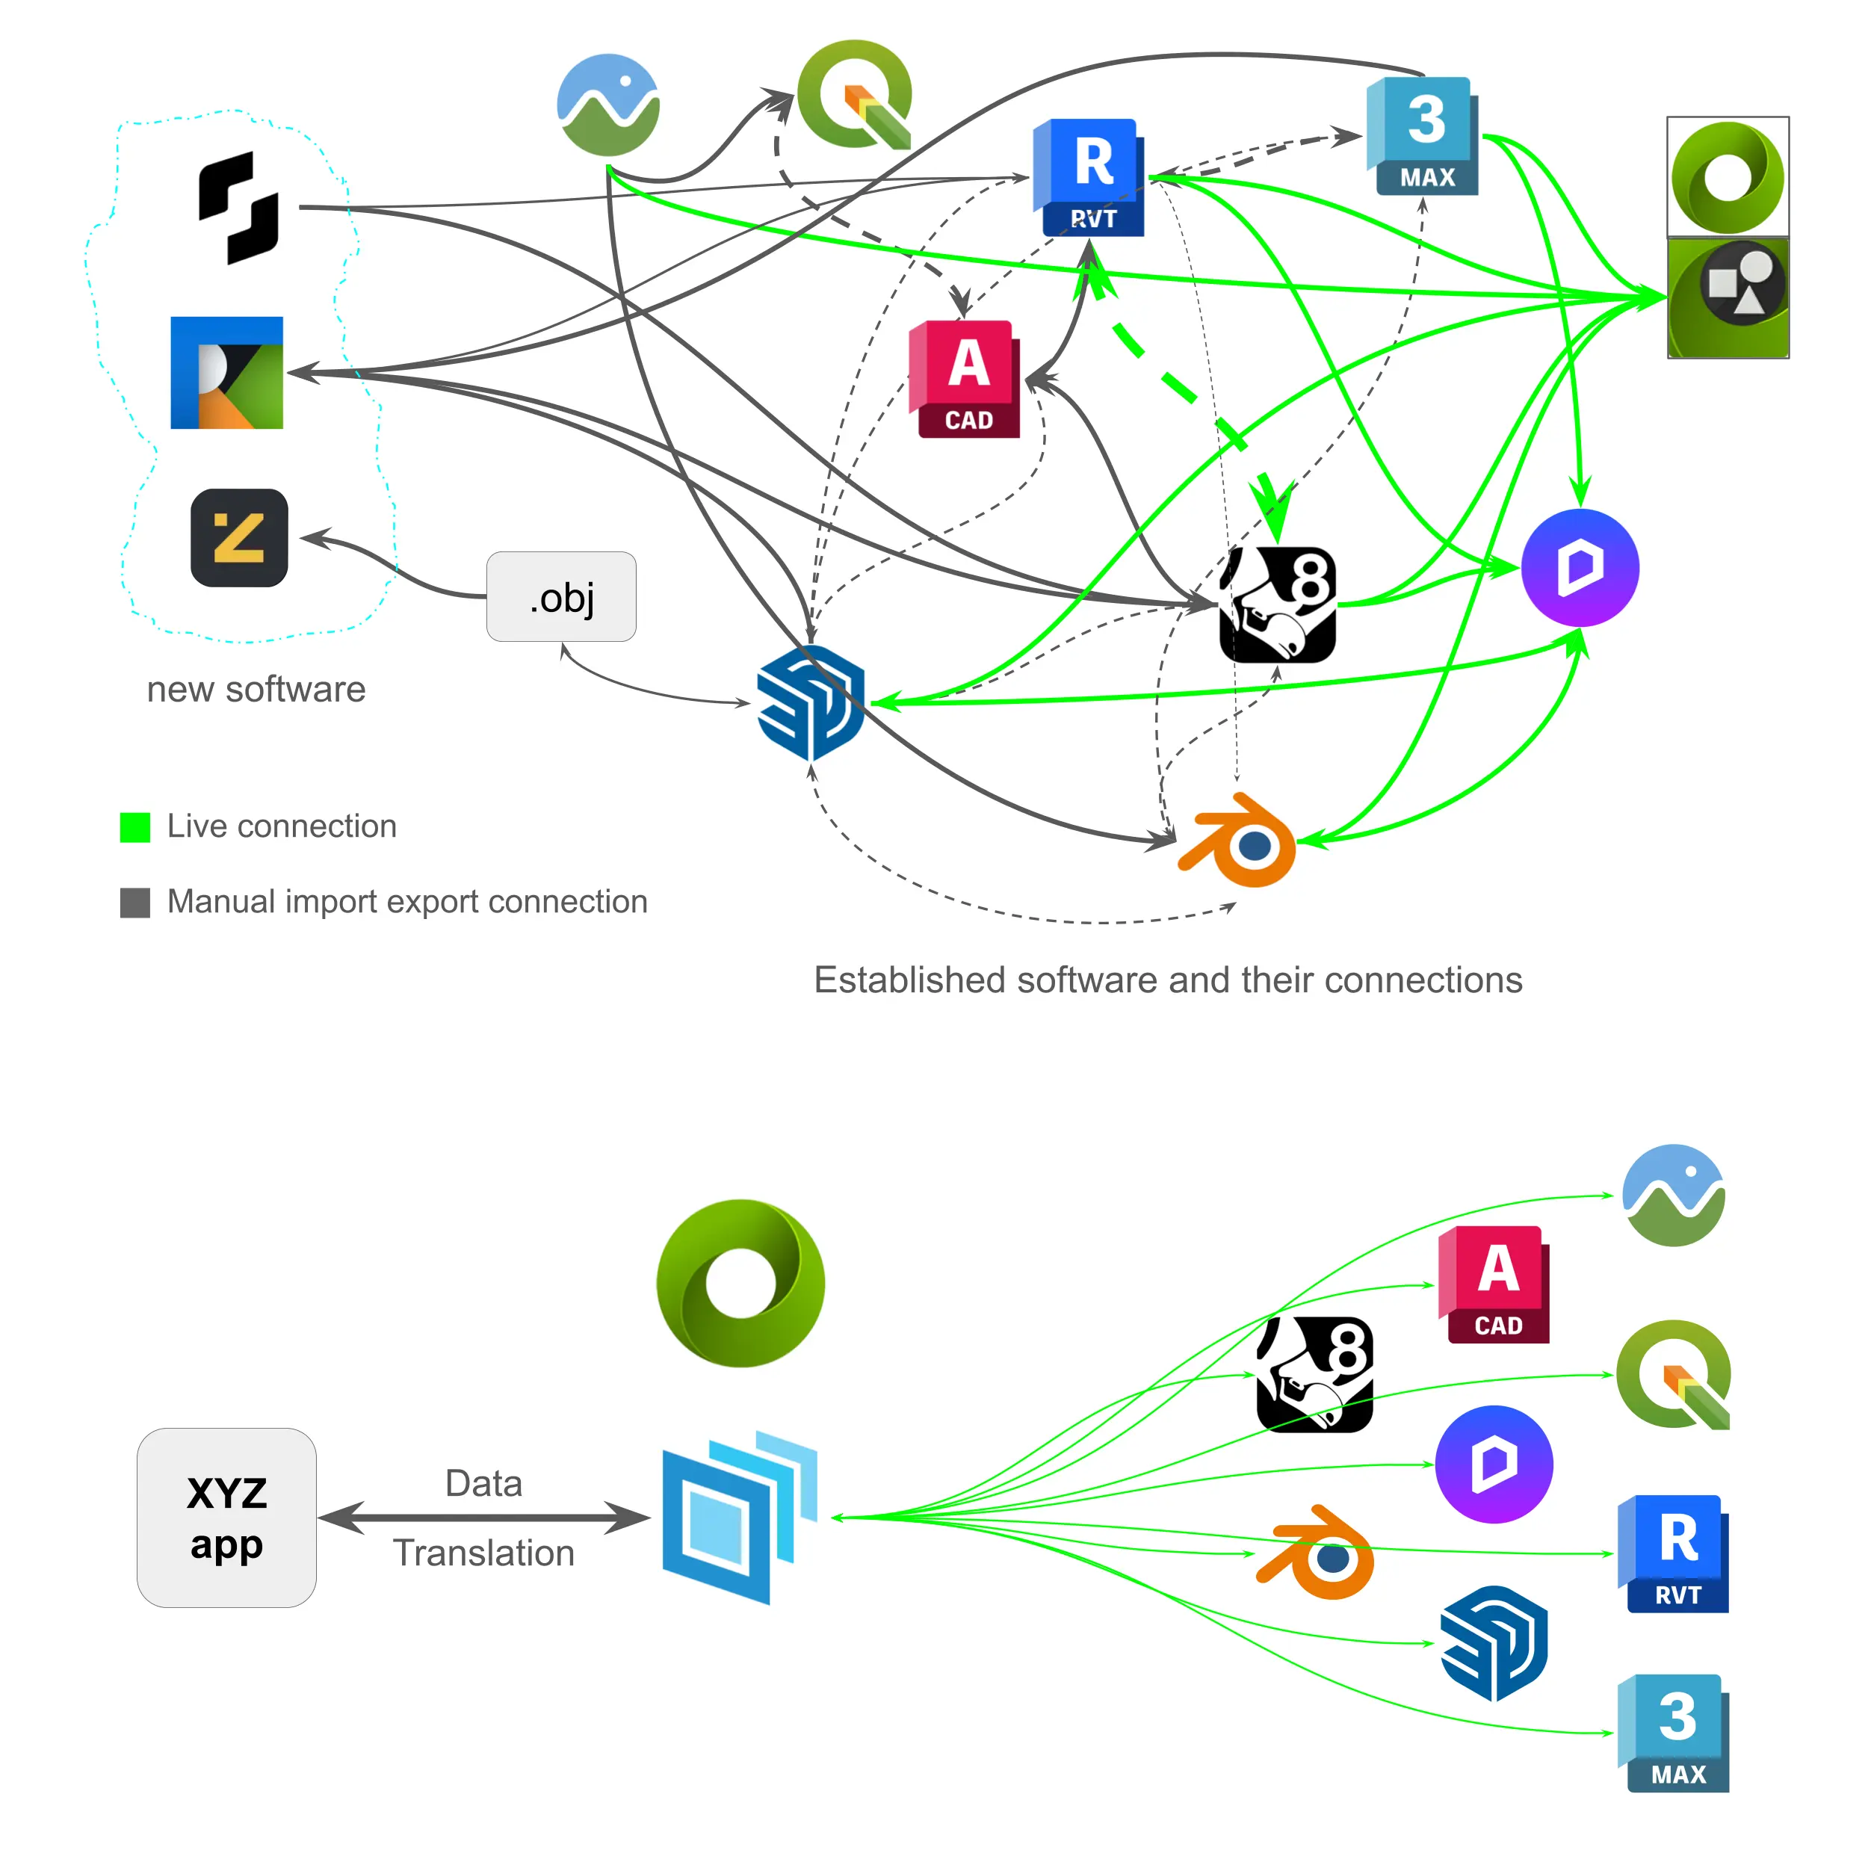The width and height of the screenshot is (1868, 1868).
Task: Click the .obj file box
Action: point(561,596)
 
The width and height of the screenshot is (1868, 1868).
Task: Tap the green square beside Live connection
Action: point(134,826)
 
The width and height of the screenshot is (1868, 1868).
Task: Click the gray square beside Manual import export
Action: point(134,902)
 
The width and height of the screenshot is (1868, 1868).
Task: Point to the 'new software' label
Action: point(256,690)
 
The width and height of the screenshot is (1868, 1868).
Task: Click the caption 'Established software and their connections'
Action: point(1168,980)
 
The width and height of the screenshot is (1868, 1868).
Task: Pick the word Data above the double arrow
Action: point(483,1483)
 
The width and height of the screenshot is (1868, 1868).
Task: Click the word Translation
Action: point(483,1553)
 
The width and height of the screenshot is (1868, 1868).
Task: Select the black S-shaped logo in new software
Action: point(239,208)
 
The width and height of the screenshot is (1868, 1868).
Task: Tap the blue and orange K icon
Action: point(226,372)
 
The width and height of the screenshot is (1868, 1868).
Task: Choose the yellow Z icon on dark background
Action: point(239,537)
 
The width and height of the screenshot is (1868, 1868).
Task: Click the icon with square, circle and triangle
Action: point(1728,298)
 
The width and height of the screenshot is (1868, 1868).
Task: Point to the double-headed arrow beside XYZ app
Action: point(483,1518)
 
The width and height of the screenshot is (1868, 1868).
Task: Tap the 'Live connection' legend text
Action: point(282,826)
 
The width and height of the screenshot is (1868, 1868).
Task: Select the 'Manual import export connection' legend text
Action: point(407,902)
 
